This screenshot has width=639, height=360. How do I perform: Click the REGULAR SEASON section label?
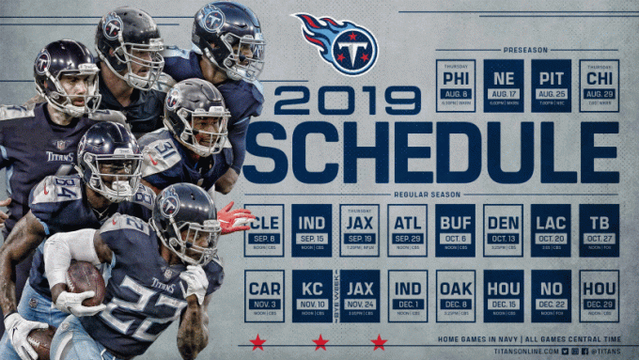click(431, 195)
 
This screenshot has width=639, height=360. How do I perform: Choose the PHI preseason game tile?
click(456, 86)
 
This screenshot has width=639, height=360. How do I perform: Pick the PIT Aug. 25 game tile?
click(551, 86)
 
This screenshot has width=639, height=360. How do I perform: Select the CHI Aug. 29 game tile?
click(599, 86)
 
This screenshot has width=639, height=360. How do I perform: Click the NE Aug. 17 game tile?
click(504, 86)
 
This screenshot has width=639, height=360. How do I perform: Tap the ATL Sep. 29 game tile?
click(407, 230)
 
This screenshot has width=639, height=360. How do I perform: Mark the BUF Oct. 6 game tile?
click(456, 230)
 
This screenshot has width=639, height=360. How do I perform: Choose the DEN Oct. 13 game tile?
click(503, 230)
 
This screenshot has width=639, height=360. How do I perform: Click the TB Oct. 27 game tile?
click(599, 230)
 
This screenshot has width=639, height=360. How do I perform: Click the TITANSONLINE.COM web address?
click(526, 351)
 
